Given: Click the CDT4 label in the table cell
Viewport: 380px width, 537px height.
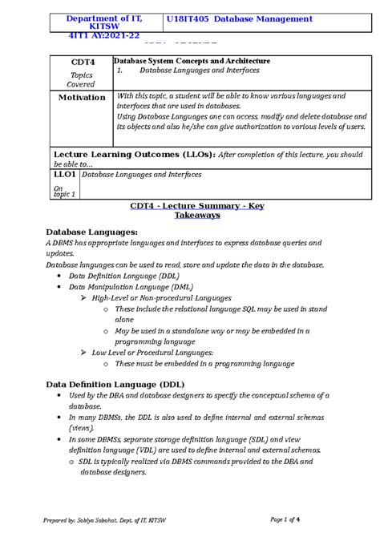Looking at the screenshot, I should (x=81, y=61).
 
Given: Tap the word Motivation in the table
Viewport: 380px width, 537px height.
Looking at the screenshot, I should (x=81, y=97).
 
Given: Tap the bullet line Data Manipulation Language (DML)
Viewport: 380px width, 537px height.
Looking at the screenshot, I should (x=130, y=286).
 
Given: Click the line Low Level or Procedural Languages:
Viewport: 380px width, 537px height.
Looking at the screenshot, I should (x=152, y=352).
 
